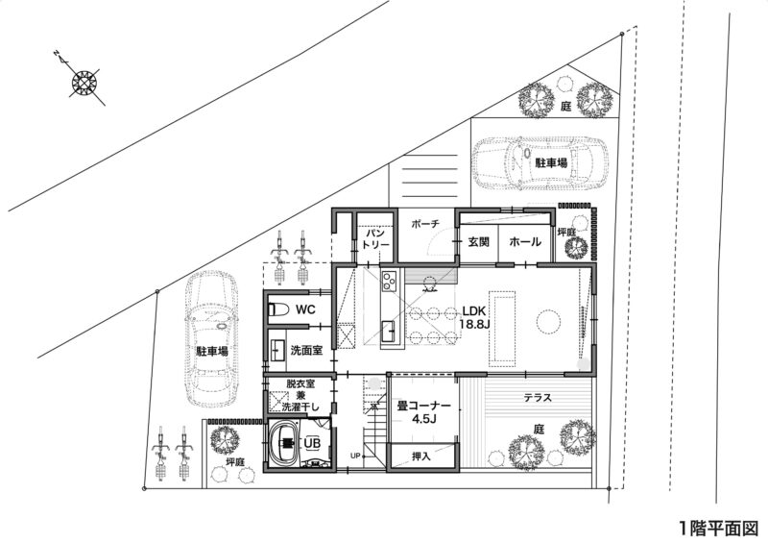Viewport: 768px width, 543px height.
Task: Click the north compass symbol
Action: click(84, 82)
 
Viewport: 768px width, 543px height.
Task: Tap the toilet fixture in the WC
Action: click(278, 310)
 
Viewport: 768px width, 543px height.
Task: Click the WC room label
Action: click(305, 309)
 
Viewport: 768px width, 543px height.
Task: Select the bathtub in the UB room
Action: click(286, 443)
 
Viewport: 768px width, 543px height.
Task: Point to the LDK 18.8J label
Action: click(473, 317)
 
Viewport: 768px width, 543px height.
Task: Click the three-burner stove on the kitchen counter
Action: click(390, 281)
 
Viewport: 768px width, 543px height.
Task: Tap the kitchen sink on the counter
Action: click(391, 332)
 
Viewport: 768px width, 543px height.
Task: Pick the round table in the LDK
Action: click(548, 322)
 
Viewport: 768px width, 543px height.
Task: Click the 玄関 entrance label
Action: click(478, 242)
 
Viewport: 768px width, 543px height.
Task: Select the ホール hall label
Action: click(525, 242)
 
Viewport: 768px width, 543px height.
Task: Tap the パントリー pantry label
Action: click(375, 238)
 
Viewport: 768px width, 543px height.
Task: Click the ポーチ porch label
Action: click(425, 224)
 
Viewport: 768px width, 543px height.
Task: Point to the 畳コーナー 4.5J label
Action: click(423, 412)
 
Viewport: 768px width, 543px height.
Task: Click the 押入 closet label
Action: click(421, 457)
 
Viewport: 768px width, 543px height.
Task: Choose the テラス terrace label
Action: click(538, 398)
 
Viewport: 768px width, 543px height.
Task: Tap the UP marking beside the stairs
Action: click(355, 457)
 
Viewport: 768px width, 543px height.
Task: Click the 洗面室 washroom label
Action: click(306, 350)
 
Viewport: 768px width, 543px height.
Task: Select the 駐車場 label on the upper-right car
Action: click(551, 162)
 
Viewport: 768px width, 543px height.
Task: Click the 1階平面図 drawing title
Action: click(718, 529)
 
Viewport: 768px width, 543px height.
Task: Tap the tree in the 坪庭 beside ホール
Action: click(576, 248)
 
